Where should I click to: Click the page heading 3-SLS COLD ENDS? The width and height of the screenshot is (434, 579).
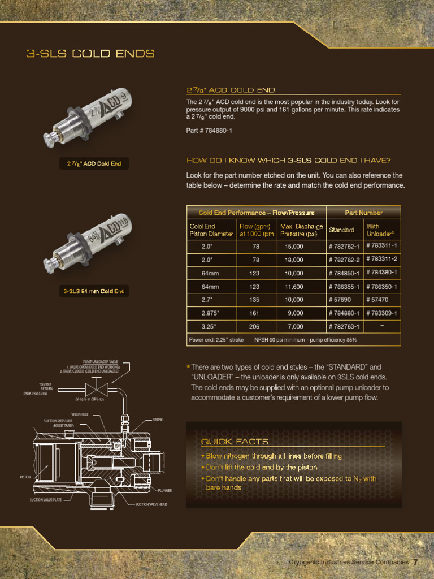click(90, 54)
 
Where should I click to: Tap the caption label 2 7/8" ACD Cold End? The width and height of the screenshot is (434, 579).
click(94, 164)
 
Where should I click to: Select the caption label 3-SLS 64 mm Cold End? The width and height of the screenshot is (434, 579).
click(94, 291)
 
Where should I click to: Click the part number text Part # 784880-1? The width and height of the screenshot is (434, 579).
click(209, 131)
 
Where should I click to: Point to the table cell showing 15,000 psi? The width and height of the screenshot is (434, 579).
click(294, 246)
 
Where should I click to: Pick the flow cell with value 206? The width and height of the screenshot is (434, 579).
click(255, 326)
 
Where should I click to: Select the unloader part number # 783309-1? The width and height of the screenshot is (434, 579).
click(382, 313)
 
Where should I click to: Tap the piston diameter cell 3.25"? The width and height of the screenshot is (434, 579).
click(209, 326)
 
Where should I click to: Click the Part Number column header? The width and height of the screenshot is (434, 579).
click(363, 213)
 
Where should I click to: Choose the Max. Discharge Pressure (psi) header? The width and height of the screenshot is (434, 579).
click(301, 230)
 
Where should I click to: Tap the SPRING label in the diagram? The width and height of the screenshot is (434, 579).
click(158, 420)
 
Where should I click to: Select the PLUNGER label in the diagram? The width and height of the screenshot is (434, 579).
click(164, 490)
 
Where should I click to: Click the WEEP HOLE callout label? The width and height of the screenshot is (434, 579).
click(80, 414)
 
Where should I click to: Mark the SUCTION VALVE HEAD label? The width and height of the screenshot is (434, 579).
click(151, 504)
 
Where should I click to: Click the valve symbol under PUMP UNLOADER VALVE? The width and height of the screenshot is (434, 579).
click(91, 389)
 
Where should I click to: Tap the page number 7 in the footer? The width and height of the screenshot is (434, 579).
click(415, 562)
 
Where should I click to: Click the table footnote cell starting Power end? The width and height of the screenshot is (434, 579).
click(273, 340)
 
